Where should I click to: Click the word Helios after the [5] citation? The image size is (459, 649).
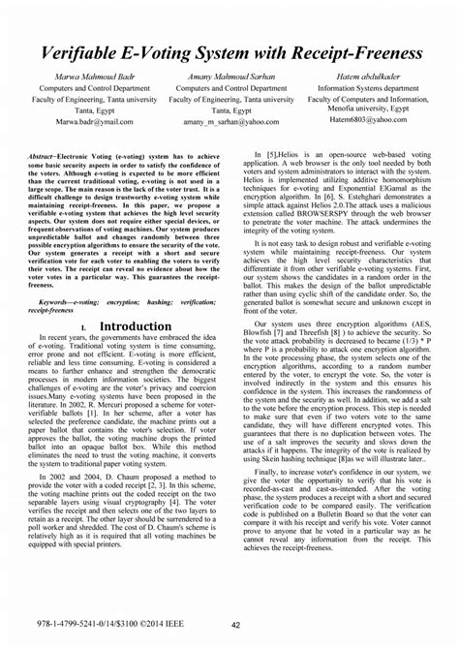pos(291,156)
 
